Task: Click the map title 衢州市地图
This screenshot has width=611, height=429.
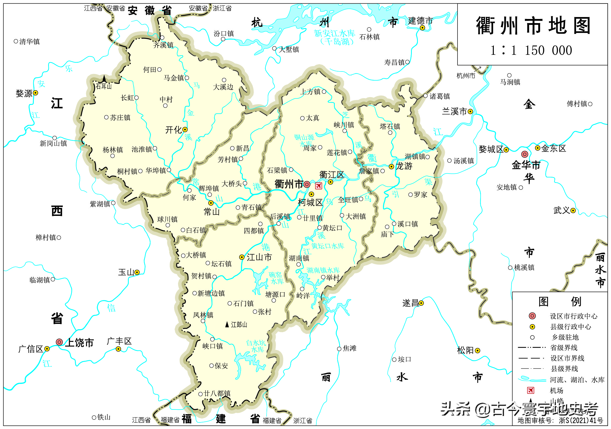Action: click(x=533, y=26)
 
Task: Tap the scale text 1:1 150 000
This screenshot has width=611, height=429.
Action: click(x=531, y=51)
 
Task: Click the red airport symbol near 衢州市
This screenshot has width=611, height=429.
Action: click(x=319, y=186)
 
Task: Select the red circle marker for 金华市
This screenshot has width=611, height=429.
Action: click(x=525, y=154)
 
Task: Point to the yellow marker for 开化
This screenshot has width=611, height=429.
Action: click(x=185, y=130)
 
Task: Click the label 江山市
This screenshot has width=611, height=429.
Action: click(x=259, y=257)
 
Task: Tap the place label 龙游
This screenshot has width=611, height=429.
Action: click(x=404, y=166)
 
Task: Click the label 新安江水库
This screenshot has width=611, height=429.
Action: click(x=334, y=34)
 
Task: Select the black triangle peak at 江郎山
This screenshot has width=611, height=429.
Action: click(x=227, y=325)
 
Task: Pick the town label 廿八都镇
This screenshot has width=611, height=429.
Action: click(x=217, y=394)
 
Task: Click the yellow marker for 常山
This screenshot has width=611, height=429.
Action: click(x=211, y=203)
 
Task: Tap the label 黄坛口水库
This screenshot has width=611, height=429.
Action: click(x=327, y=246)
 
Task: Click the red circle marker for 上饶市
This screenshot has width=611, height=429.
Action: click(x=59, y=342)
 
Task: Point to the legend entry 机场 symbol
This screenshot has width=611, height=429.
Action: click(x=530, y=390)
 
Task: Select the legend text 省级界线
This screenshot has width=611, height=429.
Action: click(x=563, y=348)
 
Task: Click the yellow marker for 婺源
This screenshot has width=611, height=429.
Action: click(x=35, y=93)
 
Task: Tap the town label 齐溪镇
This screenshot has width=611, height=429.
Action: click(x=163, y=45)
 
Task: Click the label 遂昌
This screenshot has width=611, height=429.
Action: click(x=410, y=303)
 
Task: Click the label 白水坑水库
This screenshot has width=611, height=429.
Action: click(x=256, y=346)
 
